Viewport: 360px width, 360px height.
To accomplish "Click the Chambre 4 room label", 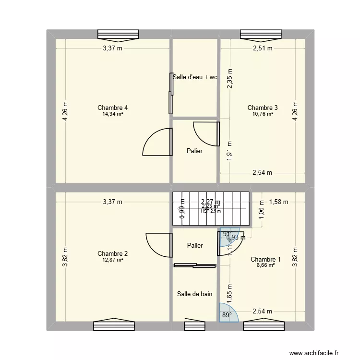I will click(112, 108).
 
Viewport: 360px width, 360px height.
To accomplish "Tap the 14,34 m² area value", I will click(112, 114).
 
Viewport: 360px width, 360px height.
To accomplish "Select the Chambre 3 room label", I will click(263, 108).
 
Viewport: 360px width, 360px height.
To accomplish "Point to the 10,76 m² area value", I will click(263, 114).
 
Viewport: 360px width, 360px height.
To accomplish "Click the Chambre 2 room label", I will click(112, 253).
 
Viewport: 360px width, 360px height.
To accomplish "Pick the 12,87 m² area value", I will click(112, 260).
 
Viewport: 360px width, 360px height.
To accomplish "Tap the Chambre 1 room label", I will click(265, 259).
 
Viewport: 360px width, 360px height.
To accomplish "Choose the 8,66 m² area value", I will click(265, 265).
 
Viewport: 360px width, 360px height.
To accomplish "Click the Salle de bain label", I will click(194, 294).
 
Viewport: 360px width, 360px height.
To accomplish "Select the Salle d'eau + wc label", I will click(195, 77).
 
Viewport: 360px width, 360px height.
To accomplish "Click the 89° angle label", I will click(226, 315).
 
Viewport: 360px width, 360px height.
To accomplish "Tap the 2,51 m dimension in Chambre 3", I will click(263, 48).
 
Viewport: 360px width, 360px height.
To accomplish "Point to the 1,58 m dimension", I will click(278, 202).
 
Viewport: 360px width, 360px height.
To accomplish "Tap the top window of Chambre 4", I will click(118, 34).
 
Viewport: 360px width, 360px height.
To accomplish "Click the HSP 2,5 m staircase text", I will click(211, 211).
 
